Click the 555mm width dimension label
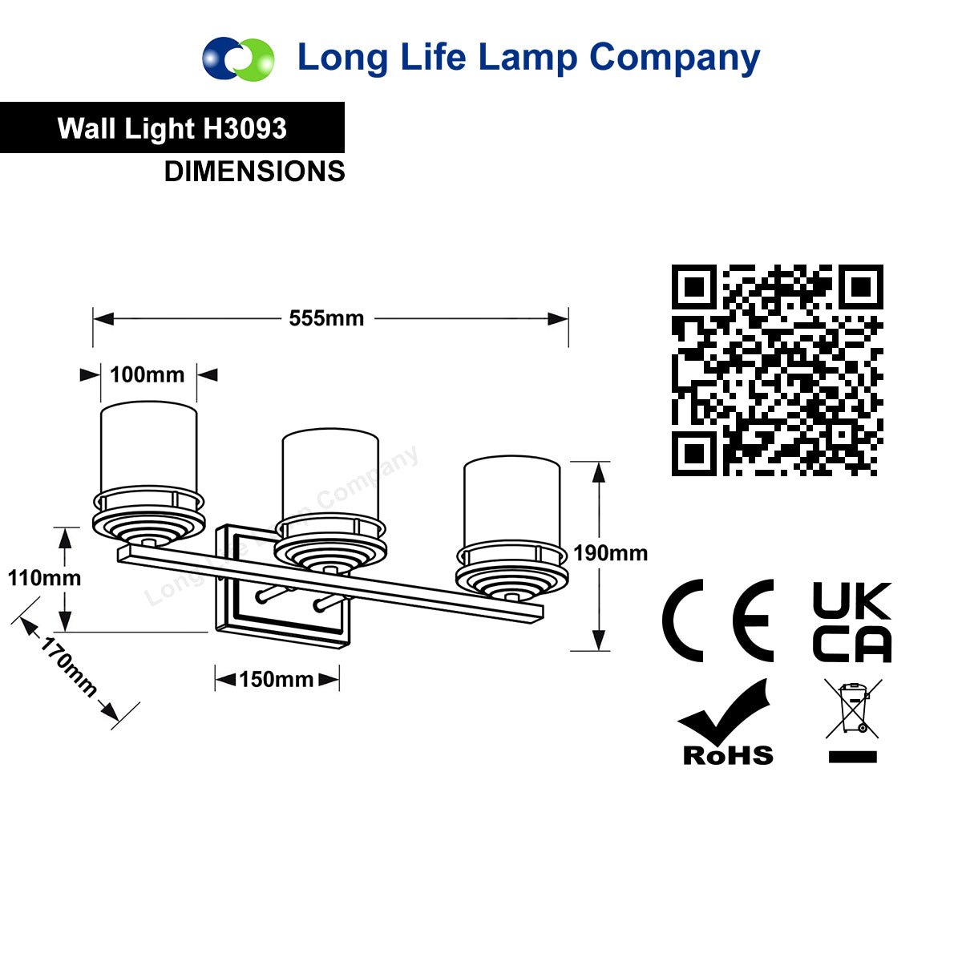tap(326, 318)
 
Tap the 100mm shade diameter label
tap(148, 374)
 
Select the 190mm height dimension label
tap(610, 553)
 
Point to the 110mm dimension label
tap(44, 578)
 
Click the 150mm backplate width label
tap(276, 679)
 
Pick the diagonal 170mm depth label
tap(69, 667)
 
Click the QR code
tap(778, 370)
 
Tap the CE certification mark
tap(717, 621)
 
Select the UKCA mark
tap(852, 621)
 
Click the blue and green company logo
tap(238, 59)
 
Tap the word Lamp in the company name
tap(527, 59)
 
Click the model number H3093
tap(245, 128)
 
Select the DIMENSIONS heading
tap(255, 172)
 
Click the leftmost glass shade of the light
tap(149, 449)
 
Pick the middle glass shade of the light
tap(330, 475)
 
